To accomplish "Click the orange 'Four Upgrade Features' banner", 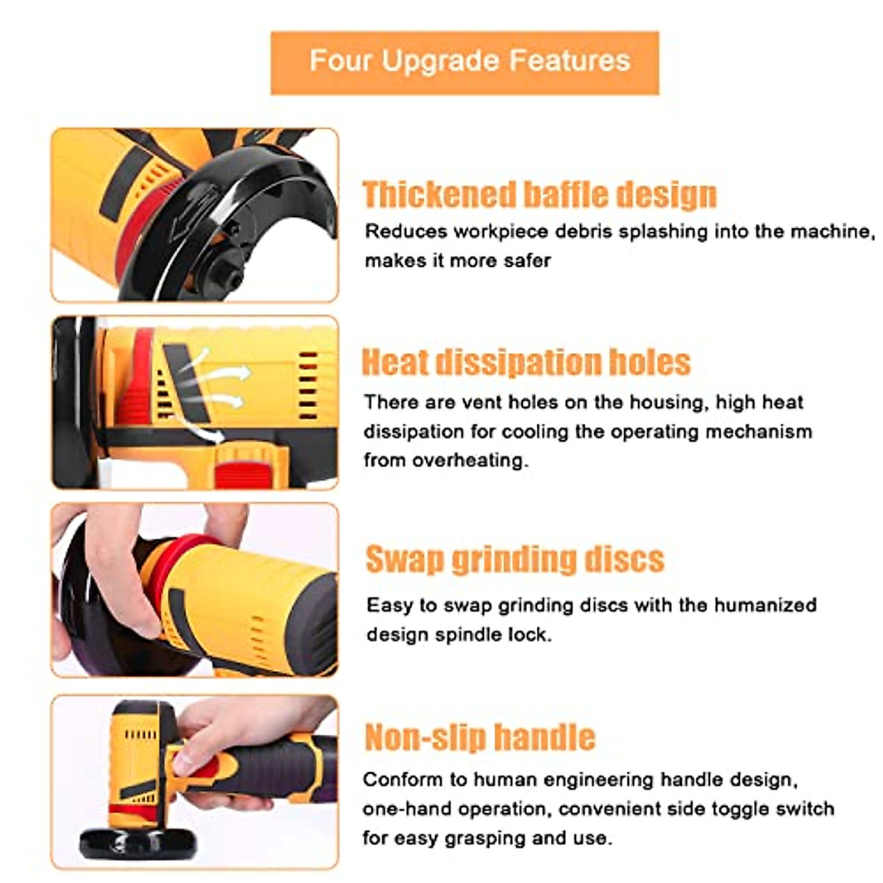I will point(464,62).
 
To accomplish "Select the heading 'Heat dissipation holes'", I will point(525,362).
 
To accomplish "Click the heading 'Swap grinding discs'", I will point(514,559).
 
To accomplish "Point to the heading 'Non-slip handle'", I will point(480,737).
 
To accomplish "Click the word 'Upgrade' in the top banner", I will point(441,60).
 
